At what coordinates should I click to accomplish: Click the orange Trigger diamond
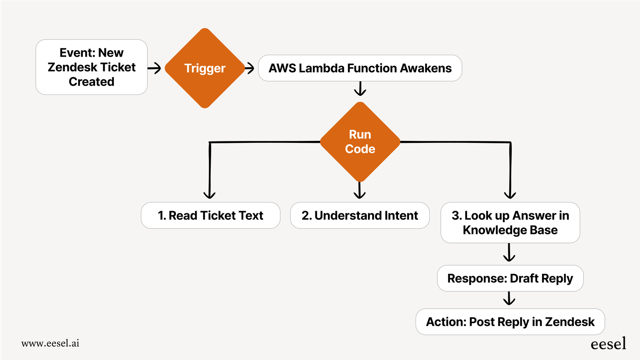pos(205,68)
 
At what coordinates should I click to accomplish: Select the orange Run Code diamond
pos(360,142)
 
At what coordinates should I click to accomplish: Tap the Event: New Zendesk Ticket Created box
pos(91,67)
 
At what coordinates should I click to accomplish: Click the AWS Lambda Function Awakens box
pos(360,68)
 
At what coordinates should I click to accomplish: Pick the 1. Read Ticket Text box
pos(210,216)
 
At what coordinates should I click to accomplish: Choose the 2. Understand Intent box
pos(360,216)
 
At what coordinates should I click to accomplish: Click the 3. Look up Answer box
pos(510,223)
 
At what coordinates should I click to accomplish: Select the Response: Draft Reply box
pos(510,278)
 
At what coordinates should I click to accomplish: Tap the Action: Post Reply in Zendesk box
pos(510,322)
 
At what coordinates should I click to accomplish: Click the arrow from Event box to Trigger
pos(155,69)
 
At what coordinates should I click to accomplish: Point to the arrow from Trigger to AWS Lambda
pos(250,69)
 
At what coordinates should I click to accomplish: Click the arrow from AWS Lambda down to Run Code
pos(360,89)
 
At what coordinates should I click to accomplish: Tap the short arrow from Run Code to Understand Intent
pos(360,190)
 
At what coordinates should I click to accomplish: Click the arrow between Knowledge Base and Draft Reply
pos(509,253)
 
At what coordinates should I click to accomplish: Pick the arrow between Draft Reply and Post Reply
pos(509,299)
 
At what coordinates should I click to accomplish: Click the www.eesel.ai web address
pos(50,343)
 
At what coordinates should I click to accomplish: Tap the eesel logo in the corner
pos(608,344)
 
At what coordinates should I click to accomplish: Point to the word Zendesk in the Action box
pos(570,322)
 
